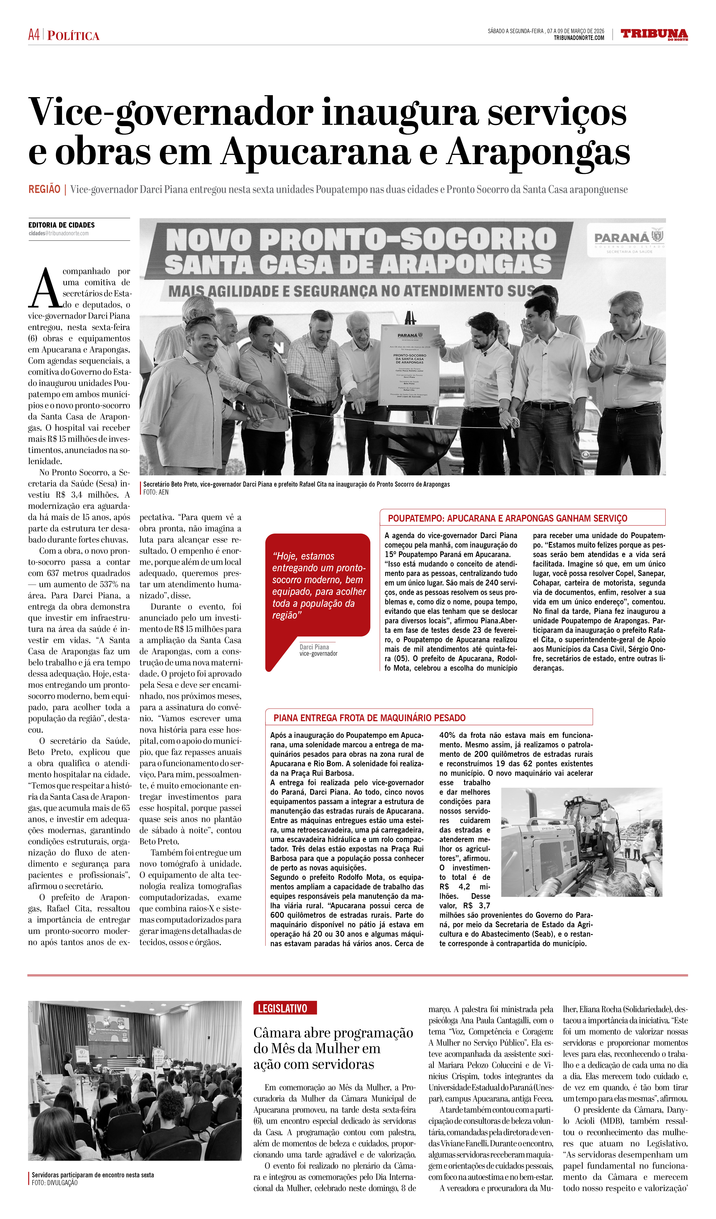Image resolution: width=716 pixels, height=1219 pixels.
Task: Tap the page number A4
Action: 34,35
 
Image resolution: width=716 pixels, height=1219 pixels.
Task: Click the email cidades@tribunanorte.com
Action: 59,233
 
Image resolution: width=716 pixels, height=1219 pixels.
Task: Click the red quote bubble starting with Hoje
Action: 318,585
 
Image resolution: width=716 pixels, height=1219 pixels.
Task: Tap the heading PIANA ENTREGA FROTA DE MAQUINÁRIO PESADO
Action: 370,718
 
